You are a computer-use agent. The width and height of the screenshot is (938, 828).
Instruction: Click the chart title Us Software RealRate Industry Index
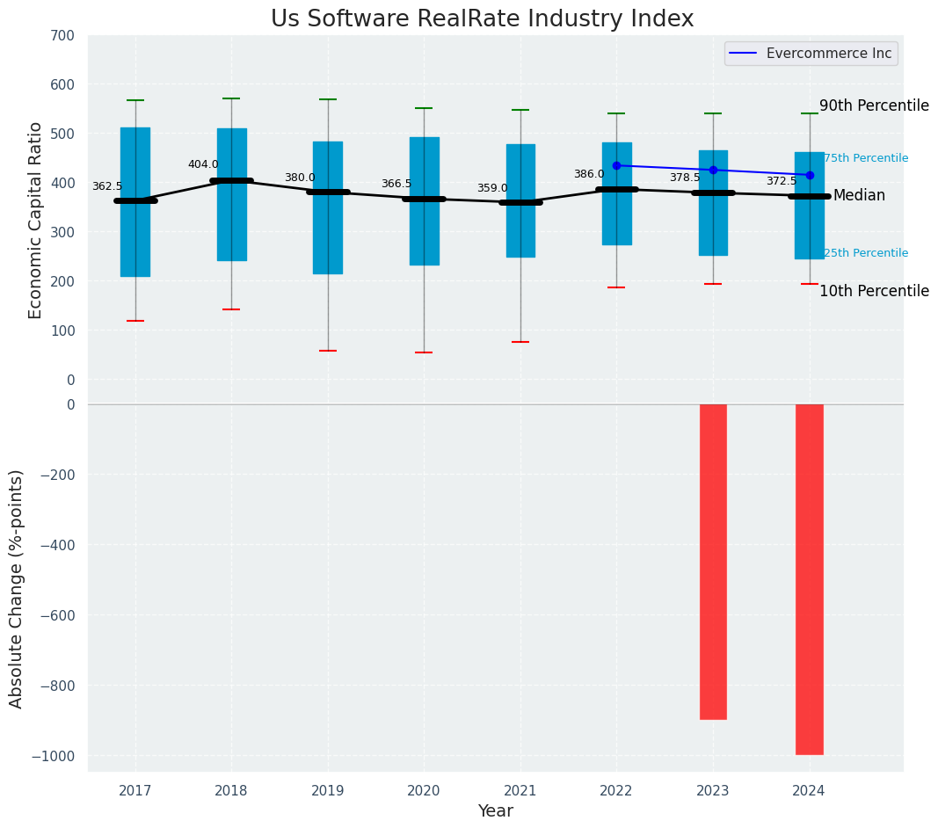tap(482, 19)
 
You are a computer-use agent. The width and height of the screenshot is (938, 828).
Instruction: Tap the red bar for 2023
tap(713, 562)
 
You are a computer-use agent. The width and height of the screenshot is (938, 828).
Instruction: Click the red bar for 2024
tap(810, 579)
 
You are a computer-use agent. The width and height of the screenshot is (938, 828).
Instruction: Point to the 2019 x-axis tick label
tap(328, 791)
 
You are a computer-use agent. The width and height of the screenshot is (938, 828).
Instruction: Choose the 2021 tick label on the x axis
tap(520, 791)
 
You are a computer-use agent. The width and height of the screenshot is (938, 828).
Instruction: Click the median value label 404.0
tap(203, 164)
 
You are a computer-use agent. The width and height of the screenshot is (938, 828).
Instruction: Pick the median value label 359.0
tap(492, 188)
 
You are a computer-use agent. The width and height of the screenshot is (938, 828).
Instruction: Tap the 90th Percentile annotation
tap(874, 105)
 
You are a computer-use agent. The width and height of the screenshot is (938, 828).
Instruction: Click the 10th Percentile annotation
tap(874, 291)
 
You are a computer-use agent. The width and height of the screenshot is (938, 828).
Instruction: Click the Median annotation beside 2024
tap(859, 195)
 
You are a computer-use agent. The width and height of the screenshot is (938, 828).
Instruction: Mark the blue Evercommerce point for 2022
tap(616, 165)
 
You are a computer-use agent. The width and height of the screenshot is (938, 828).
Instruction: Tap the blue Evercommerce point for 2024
tap(810, 175)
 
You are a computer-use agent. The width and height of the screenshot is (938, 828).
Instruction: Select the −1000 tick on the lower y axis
tap(55, 756)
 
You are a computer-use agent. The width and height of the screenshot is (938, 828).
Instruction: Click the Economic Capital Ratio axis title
tap(36, 220)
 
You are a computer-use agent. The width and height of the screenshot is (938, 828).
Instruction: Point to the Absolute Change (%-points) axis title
tap(17, 588)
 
